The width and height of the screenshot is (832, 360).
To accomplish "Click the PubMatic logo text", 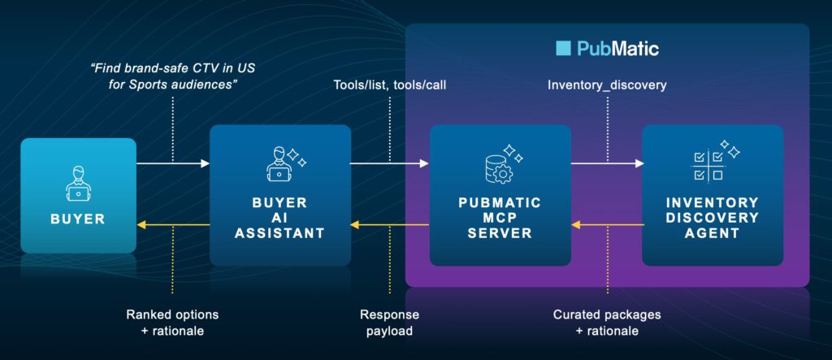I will pyautogui.click(x=617, y=49).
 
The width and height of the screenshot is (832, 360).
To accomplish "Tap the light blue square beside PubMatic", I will pyautogui.click(x=563, y=49).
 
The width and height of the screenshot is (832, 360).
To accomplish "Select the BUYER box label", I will pyautogui.click(x=77, y=219).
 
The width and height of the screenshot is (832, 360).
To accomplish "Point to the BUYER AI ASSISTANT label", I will pyautogui.click(x=279, y=219).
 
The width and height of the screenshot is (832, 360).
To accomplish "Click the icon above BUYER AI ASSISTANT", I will pyautogui.click(x=282, y=163).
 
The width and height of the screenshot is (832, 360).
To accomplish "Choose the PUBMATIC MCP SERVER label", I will pyautogui.click(x=500, y=218).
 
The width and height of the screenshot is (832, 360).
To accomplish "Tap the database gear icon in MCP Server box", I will pyautogui.click(x=497, y=165).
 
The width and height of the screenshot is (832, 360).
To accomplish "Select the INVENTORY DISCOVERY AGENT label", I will pyautogui.click(x=713, y=218).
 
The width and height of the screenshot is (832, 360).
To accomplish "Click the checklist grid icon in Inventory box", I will pyautogui.click(x=709, y=165).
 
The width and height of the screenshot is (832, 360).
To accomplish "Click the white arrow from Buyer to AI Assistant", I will pyautogui.click(x=173, y=163).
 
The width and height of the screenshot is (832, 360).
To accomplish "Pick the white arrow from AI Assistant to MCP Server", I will pyautogui.click(x=389, y=163).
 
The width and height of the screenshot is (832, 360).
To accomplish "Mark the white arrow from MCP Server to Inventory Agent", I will pyautogui.click(x=606, y=163).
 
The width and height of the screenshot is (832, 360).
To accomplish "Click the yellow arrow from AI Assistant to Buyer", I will pyautogui.click(x=173, y=223).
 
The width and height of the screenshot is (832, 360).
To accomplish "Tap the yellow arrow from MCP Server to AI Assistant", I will pyautogui.click(x=389, y=223).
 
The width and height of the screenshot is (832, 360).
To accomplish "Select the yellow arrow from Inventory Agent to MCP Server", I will pyautogui.click(x=606, y=223).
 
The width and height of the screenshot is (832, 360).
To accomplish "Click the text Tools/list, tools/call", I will pyautogui.click(x=389, y=85).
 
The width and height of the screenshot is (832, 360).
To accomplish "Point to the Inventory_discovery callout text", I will pyautogui.click(x=607, y=85).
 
